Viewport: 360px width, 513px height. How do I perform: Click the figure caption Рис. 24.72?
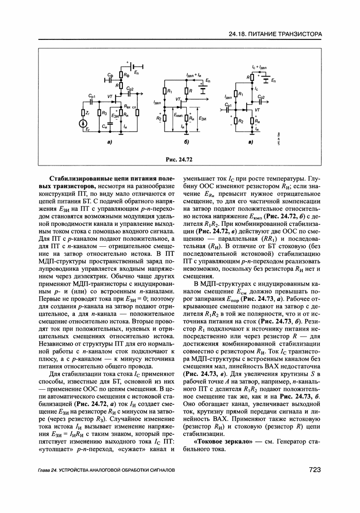click(x=180, y=159)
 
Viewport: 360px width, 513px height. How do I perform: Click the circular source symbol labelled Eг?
click(x=83, y=123)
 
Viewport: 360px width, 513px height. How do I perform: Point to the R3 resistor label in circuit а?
click(x=104, y=112)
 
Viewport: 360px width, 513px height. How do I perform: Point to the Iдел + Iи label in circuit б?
click(x=192, y=74)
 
